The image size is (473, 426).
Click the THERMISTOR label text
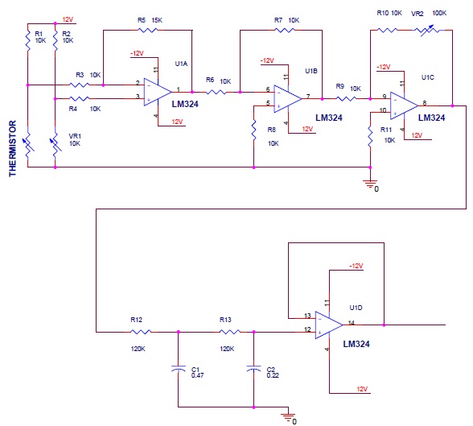click(12, 148)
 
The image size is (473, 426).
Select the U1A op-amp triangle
click(158, 92)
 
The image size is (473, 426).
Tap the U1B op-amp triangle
click(287, 99)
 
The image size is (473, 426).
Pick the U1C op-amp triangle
click(404, 105)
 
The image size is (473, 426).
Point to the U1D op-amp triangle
click(329, 325)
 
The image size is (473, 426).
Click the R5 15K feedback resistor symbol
click(147, 30)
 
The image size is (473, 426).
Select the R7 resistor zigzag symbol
click(285, 30)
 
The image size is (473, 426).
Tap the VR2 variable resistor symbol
click(428, 30)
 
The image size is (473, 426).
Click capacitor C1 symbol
click(178, 369)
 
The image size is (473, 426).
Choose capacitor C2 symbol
click(253, 369)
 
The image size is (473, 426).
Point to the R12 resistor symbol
click(141, 332)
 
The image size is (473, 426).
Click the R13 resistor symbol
click(230, 332)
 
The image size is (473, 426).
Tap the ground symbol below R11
click(370, 184)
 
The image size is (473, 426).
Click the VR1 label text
click(75, 136)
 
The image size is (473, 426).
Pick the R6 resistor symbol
click(216, 92)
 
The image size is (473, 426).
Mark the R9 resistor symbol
click(346, 99)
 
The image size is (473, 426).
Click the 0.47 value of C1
click(197, 375)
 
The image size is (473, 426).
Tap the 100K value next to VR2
click(439, 13)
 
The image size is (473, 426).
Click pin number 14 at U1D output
click(351, 323)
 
